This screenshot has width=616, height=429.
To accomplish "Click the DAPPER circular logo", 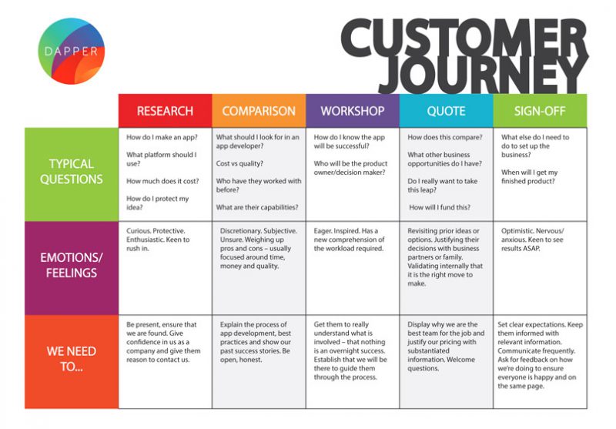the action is (x=71, y=51).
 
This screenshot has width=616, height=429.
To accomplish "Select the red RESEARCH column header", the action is (x=165, y=111).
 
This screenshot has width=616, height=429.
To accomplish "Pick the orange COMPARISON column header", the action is (x=259, y=111).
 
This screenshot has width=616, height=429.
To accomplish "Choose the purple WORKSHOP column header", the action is (x=353, y=111).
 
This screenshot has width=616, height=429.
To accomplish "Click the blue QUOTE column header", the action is (x=447, y=111).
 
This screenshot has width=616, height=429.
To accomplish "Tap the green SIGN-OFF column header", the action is (x=541, y=111).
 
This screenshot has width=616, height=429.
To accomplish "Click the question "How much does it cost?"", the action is (x=162, y=181).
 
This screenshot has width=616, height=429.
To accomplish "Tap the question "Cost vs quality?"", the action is (x=239, y=163).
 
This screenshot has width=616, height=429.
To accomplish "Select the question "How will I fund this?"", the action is (x=440, y=207).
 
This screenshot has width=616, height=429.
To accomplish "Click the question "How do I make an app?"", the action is (x=162, y=138).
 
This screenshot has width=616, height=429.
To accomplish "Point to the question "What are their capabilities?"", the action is (x=257, y=207).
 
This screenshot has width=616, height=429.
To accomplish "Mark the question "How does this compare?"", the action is (x=445, y=138).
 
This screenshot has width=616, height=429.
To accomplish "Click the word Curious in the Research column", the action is (x=139, y=231).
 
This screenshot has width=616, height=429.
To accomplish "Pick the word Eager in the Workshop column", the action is (x=323, y=231).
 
